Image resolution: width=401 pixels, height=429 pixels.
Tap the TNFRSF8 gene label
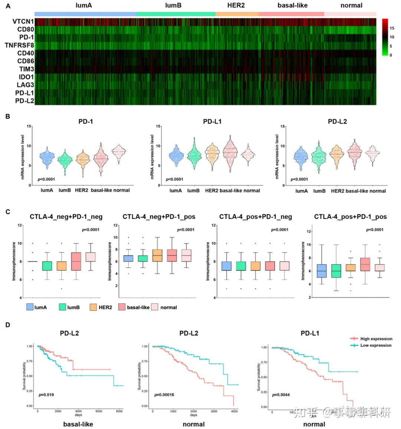(x=19, y=45)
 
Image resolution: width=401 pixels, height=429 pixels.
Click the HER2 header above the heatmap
(x=236, y=6)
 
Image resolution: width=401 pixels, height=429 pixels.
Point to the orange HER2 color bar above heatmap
(x=237, y=14)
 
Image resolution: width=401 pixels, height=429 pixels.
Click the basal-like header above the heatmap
(x=292, y=6)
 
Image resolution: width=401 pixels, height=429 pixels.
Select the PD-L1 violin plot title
(x=212, y=121)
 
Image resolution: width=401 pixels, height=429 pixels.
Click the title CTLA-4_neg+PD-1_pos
(x=159, y=217)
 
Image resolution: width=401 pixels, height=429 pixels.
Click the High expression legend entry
(x=371, y=339)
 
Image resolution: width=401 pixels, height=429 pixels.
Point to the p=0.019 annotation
(x=46, y=395)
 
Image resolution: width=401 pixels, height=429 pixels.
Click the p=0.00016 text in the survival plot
(x=164, y=395)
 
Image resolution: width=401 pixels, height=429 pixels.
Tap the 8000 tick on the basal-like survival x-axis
(x=119, y=411)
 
